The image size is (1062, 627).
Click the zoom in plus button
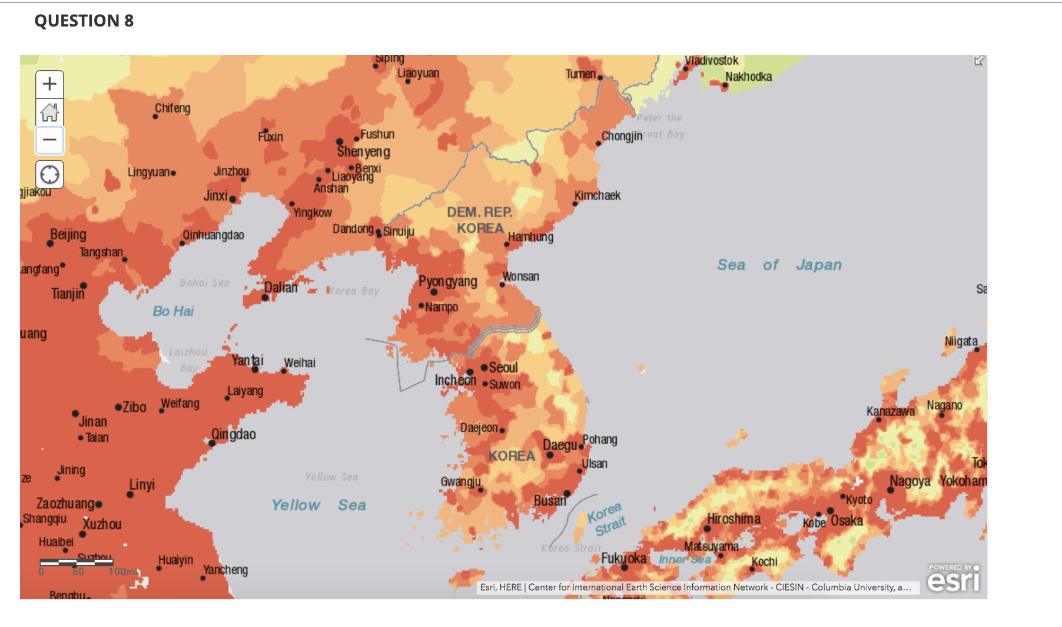[49, 84]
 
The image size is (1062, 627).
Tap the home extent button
[49, 112]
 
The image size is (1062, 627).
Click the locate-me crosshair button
[49, 174]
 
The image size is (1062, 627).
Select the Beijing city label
[68, 235]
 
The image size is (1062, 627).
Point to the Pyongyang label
[447, 281]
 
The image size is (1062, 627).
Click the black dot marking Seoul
[484, 367]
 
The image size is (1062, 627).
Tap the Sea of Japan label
[779, 265]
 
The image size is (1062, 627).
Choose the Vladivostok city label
[712, 61]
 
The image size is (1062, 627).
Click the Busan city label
[550, 501]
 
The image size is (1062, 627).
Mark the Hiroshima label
[734, 519]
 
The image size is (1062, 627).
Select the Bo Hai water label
[173, 311]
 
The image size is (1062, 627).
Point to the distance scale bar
[77, 562]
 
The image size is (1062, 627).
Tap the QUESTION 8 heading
[84, 21]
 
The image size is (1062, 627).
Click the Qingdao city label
[234, 434]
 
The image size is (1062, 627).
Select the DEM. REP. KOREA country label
[480, 220]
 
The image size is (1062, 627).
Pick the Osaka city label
[847, 521]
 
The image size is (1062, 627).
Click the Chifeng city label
[172, 108]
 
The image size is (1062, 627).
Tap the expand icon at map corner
[978, 61]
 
